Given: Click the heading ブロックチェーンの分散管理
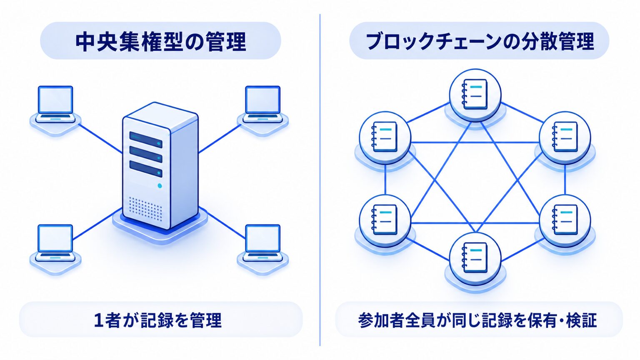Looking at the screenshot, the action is pyautogui.click(x=480, y=41).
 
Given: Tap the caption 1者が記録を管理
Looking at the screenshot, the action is pyautogui.click(x=158, y=320).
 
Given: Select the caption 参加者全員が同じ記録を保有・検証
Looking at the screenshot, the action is pyautogui.click(x=477, y=320).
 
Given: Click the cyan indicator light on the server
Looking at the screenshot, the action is pyautogui.click(x=160, y=186).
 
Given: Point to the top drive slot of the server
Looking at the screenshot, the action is pyautogui.click(x=146, y=140).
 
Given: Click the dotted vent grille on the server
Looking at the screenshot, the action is pyautogui.click(x=145, y=209).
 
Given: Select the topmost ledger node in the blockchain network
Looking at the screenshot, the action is pyautogui.click(x=475, y=95).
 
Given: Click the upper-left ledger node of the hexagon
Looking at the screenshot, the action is pyautogui.click(x=385, y=137).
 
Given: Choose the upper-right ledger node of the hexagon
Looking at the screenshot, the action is pyautogui.click(x=565, y=137).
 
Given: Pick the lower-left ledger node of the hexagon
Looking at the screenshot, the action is pyautogui.click(x=385, y=220).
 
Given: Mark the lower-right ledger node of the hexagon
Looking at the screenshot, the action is pyautogui.click(x=565, y=220).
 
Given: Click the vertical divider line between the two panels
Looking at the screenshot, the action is pyautogui.click(x=320, y=180).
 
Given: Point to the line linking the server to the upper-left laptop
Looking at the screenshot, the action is pyautogui.click(x=100, y=139).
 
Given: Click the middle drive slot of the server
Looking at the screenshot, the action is pyautogui.click(x=146, y=154).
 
